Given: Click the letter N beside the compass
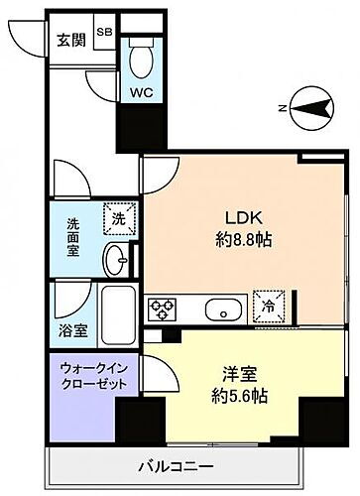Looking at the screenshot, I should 283,108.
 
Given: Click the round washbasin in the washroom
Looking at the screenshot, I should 118,262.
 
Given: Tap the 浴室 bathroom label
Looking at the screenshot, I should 70,322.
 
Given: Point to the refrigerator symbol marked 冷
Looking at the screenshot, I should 265,307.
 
